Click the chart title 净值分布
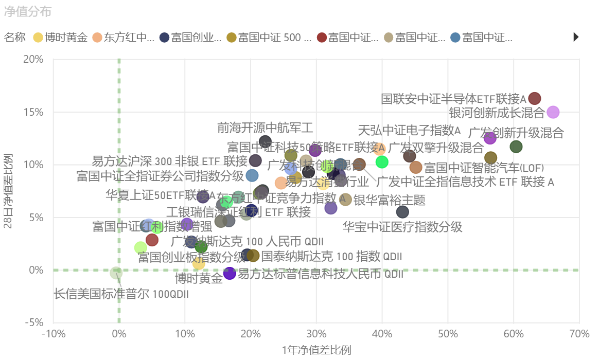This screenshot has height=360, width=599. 28,12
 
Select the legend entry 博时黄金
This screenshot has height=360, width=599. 61,37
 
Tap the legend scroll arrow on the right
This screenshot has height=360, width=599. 576,37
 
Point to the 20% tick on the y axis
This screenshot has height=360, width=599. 34,60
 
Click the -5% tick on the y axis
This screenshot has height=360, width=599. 34,322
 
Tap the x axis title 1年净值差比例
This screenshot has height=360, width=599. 316,350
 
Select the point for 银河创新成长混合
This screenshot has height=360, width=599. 553,112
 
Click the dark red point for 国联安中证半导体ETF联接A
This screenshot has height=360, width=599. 535,98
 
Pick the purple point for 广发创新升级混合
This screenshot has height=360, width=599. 490,138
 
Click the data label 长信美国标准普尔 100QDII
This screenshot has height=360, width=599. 121,294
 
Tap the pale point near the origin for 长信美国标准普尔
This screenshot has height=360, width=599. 116,273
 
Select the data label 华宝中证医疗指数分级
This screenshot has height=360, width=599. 402,227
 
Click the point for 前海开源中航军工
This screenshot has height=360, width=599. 265,141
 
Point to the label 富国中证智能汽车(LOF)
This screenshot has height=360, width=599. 484,168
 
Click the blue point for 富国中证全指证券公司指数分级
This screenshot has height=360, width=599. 252,175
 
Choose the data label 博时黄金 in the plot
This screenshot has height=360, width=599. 199,279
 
